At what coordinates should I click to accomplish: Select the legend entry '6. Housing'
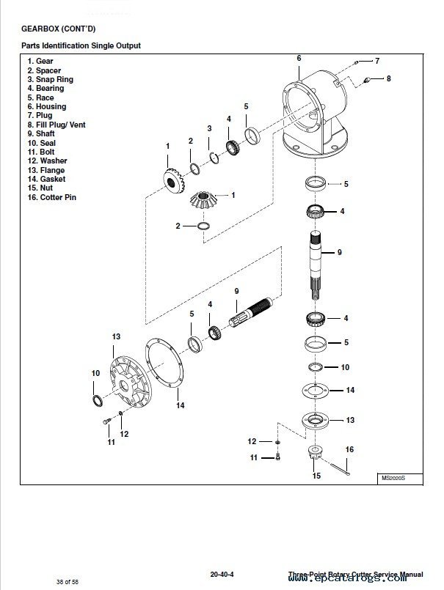46,106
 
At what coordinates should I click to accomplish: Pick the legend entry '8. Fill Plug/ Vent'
56,125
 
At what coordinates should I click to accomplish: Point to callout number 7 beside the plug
377,60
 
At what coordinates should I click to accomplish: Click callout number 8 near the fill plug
389,78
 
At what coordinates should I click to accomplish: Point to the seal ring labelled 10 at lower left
96,398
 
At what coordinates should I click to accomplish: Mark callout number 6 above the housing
299,57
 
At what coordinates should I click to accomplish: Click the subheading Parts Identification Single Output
81,45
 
